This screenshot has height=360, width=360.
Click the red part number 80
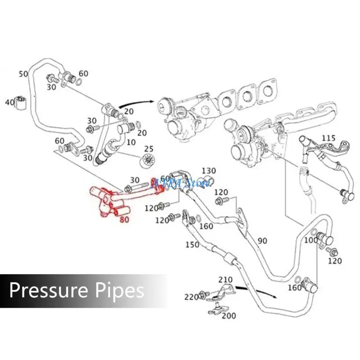125,220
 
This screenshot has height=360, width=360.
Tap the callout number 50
23,74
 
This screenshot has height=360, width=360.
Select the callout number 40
9,102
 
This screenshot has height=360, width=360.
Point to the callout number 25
148,149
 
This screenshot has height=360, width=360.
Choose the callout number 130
209,171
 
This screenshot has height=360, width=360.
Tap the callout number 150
192,244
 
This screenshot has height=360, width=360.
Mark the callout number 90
262,241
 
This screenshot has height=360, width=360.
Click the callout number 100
310,241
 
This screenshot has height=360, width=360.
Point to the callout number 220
191,297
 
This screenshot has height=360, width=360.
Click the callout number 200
229,316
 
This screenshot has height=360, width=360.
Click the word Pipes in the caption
118,290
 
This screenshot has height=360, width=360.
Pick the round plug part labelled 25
147,160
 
